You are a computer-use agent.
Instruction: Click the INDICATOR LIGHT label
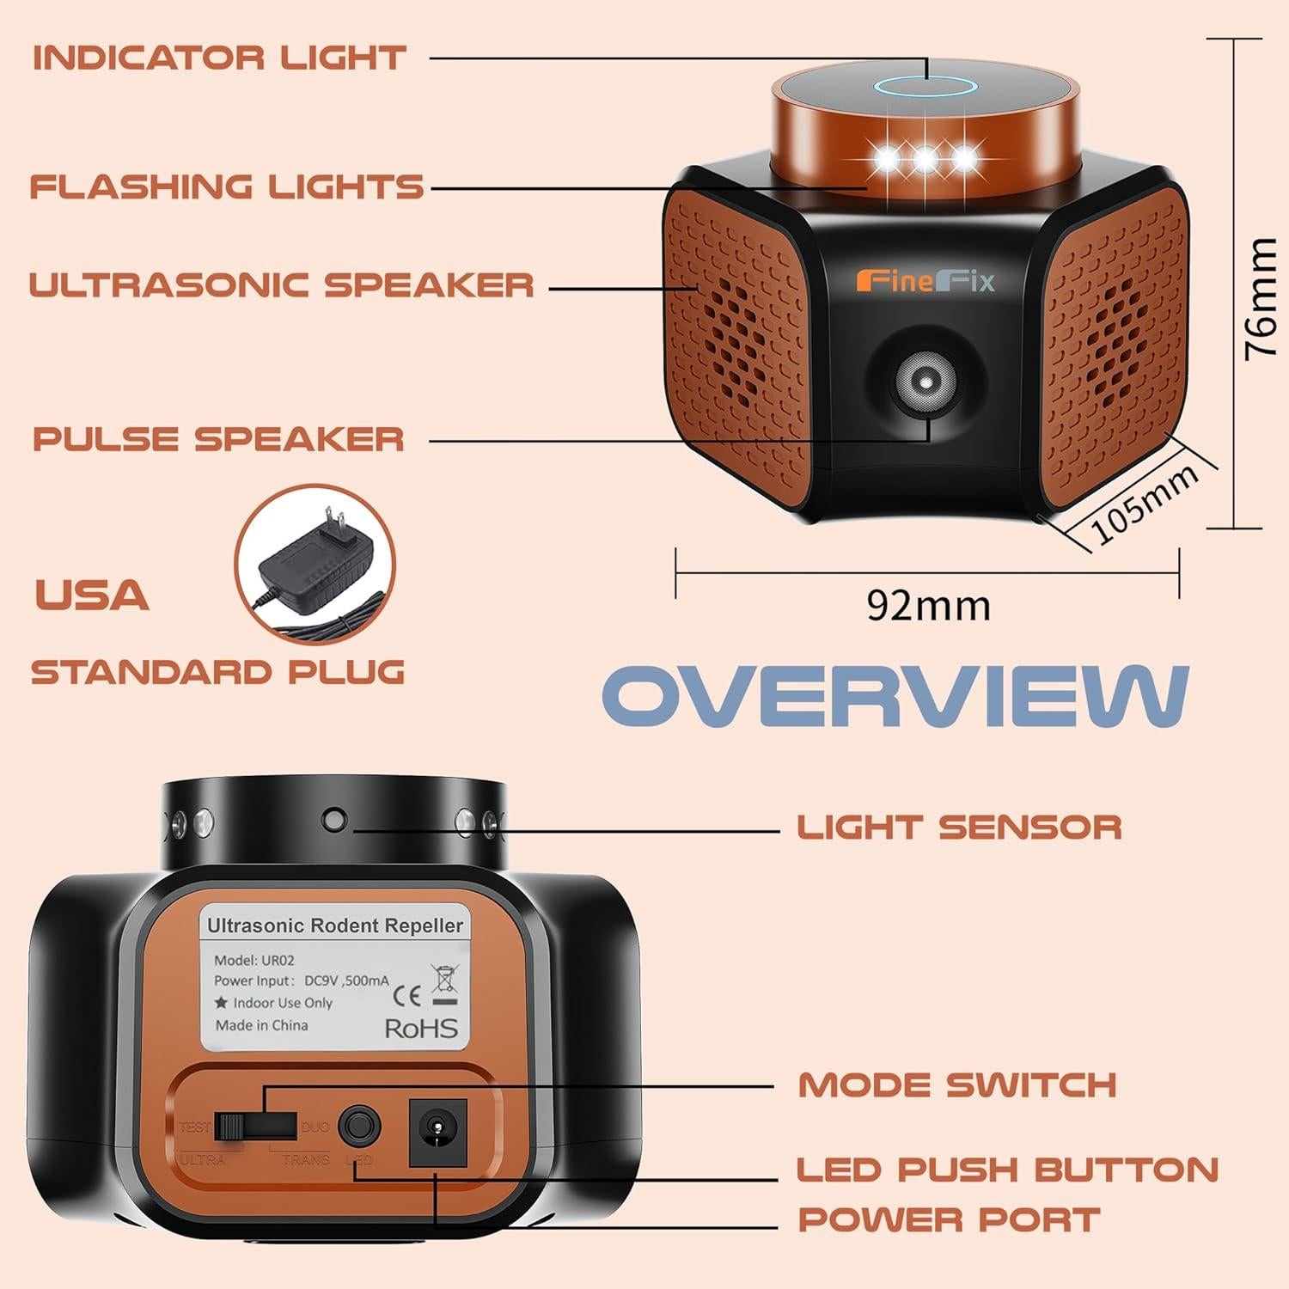[x=219, y=58]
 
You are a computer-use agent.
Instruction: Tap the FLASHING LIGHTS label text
[x=227, y=186]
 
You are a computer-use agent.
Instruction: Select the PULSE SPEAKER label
[x=218, y=439]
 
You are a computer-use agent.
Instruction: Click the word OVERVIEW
[x=895, y=696]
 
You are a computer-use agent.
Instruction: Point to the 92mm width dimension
[x=928, y=605]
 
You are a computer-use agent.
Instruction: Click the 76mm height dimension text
[x=1262, y=297]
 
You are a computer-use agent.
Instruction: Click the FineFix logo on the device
[x=925, y=281]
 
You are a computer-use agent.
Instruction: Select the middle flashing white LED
[x=925, y=158]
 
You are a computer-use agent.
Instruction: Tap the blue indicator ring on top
[x=925, y=86]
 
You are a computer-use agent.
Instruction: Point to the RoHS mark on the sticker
[x=420, y=1028]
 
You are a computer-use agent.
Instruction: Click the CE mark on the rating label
[x=406, y=996]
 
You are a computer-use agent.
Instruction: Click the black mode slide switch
[x=230, y=1126]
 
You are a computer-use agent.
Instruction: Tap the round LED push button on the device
[x=358, y=1126]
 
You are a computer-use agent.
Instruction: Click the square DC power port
[x=437, y=1132]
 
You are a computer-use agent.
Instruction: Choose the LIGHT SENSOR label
[x=959, y=828]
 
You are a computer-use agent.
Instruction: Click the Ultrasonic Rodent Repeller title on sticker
[x=335, y=926]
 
